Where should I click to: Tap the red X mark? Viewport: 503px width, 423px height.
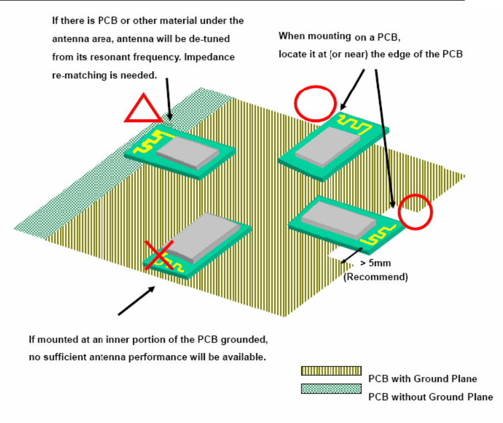coord(157,255)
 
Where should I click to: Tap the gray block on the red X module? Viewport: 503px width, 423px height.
coord(203,237)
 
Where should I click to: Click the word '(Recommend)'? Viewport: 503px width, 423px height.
coord(376,276)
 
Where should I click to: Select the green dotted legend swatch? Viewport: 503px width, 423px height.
coord(331,389)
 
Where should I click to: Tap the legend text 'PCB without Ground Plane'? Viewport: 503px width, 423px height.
coord(430,396)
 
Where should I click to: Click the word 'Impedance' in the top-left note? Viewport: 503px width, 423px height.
coord(211,57)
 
